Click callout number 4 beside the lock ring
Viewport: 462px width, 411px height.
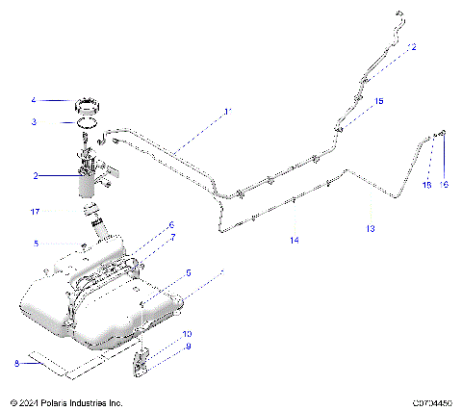click(x=34, y=99)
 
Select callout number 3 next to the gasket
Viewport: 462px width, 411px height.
click(x=34, y=122)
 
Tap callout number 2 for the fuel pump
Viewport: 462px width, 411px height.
click(x=36, y=176)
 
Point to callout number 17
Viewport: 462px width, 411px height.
click(x=34, y=211)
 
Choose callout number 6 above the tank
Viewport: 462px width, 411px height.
click(x=171, y=225)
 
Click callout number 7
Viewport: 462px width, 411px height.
click(x=172, y=237)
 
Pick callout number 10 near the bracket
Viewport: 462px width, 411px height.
click(x=189, y=334)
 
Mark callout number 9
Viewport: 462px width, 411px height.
click(x=189, y=347)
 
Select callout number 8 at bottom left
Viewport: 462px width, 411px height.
click(x=17, y=363)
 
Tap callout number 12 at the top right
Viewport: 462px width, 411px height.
click(x=413, y=47)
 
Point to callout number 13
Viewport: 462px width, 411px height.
click(x=371, y=229)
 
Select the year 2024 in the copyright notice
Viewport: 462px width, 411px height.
click(x=32, y=401)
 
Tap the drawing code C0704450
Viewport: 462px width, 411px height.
click(x=432, y=401)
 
